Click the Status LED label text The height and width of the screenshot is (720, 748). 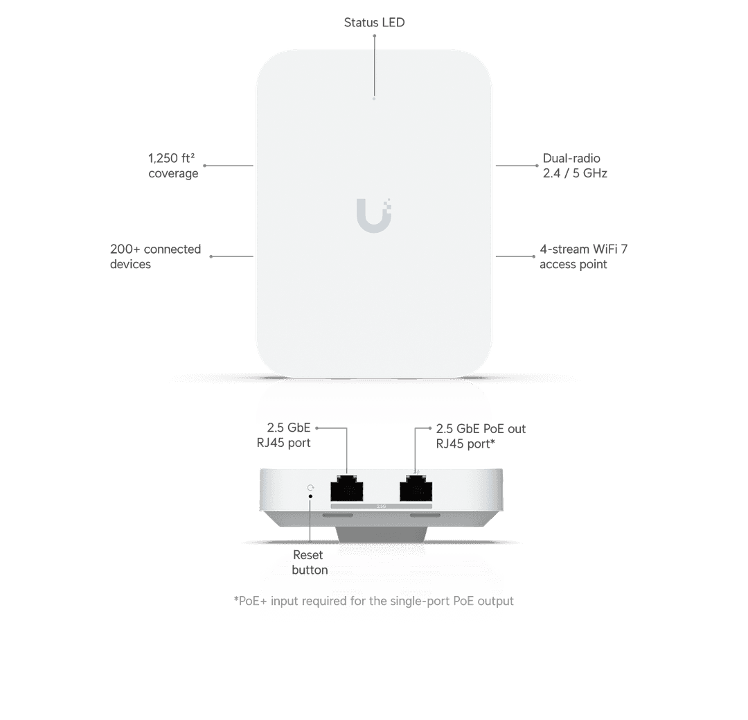(x=374, y=22)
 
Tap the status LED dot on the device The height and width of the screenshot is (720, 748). (x=374, y=99)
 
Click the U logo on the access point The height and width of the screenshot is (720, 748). (x=374, y=216)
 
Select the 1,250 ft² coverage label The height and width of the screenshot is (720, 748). (x=173, y=166)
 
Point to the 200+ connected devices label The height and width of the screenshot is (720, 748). (x=156, y=256)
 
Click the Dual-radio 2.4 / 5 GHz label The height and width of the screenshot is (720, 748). (x=575, y=166)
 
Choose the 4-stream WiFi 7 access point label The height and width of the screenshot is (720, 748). (x=583, y=256)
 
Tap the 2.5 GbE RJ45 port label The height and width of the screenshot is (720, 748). (x=284, y=435)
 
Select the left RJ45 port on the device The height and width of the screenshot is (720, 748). (x=347, y=488)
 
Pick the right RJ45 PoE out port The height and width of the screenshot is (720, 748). (x=416, y=488)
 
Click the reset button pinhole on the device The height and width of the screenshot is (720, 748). (x=310, y=497)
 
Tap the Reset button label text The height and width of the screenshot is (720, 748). (x=310, y=563)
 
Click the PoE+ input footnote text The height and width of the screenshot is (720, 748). (x=373, y=601)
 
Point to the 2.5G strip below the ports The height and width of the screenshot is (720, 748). (x=381, y=506)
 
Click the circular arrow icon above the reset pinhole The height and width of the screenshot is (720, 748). (x=310, y=487)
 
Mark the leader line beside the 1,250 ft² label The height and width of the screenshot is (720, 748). (x=229, y=166)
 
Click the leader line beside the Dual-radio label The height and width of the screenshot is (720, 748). (x=517, y=166)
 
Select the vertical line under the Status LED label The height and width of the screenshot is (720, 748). (x=375, y=66)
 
